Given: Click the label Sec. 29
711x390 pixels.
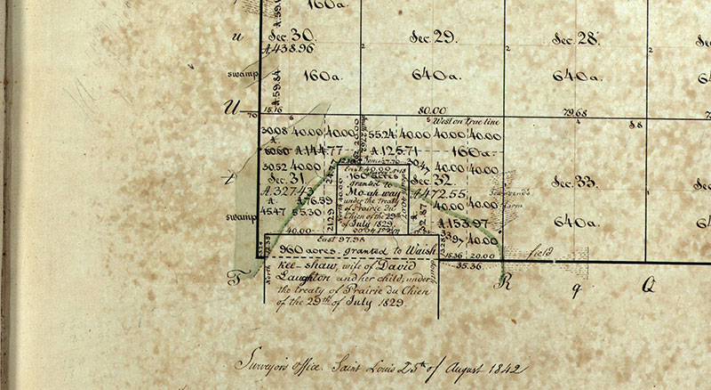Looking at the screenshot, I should pos(432,37).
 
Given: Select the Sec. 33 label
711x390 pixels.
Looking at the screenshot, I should pos(573,183).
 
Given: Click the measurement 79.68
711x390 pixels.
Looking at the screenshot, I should pos(575,113).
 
